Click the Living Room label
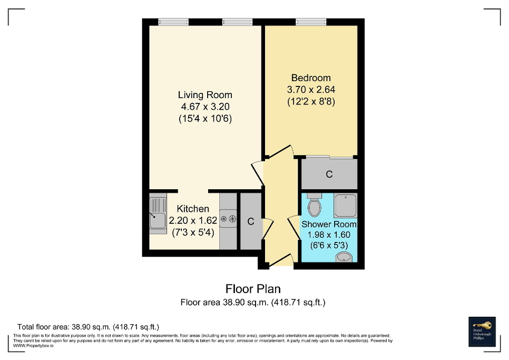[204, 95]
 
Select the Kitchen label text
[192, 209]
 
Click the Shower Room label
[329, 224]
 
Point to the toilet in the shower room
[315, 206]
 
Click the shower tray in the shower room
[345, 206]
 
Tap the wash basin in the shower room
[344, 257]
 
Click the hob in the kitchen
[228, 219]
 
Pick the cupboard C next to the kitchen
[251, 222]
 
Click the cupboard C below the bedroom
[329, 174]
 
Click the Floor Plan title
[253, 289]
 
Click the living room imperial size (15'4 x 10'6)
[204, 119]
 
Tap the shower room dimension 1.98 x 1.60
[329, 235]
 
